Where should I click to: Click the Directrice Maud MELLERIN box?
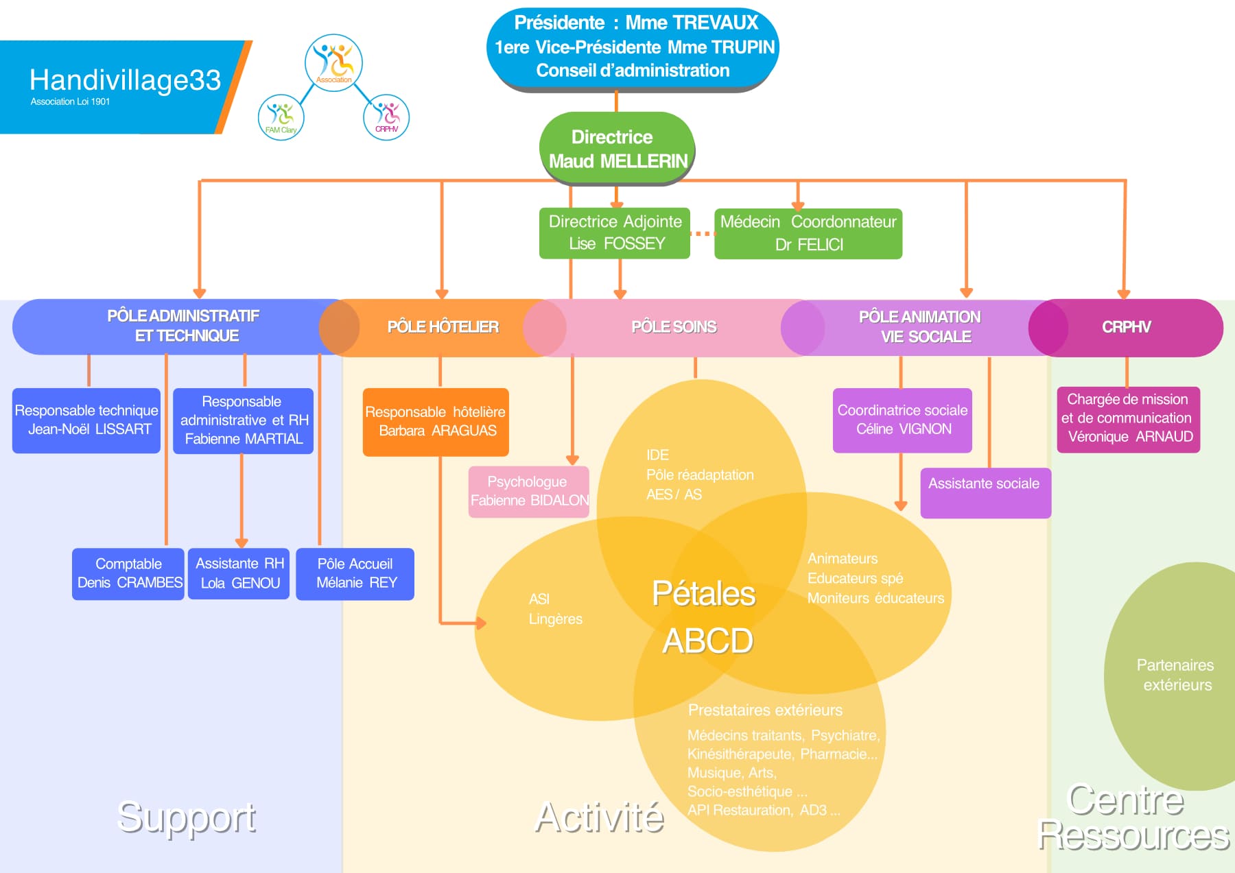point(617,148)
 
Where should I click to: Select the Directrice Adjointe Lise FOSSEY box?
point(615,233)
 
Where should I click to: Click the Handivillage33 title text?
point(125,80)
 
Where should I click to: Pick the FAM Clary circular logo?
point(281,117)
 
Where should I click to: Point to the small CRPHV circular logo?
point(386,117)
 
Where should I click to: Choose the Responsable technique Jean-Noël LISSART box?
point(86,420)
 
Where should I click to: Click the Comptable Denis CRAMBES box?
point(128,573)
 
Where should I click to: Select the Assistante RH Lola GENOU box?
point(239,573)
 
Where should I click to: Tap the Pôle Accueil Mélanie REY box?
point(355,573)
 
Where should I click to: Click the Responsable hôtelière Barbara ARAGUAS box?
point(436,422)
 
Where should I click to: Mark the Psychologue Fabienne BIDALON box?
point(529,492)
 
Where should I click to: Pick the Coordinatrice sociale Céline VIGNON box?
point(902,420)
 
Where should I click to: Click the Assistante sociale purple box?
point(985,492)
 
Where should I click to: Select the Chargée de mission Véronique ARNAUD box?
point(1128,419)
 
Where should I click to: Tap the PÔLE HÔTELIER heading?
point(443,327)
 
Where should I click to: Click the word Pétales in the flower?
point(703,594)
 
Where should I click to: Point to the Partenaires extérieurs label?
point(1175,675)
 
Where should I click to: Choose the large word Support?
point(186,817)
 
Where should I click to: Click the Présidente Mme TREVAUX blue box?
point(633,47)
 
